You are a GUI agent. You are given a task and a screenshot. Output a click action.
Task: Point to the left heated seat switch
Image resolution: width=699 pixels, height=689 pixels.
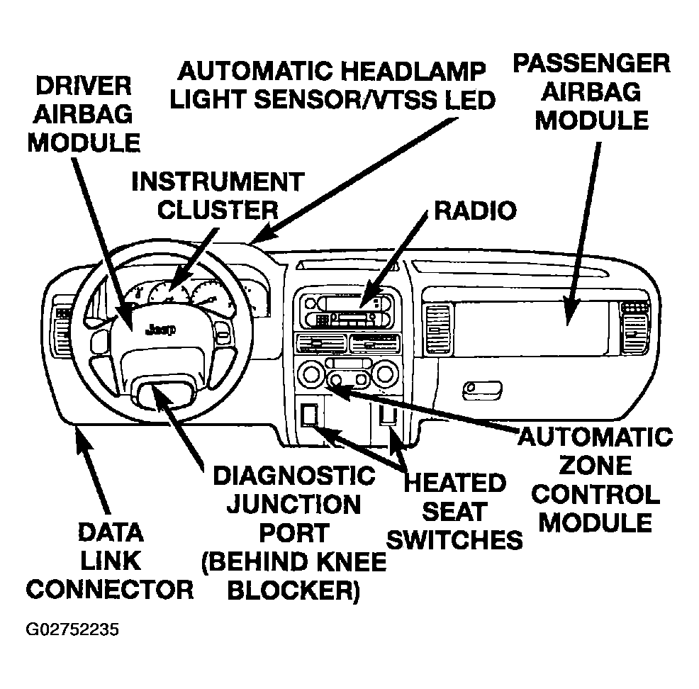click(310, 414)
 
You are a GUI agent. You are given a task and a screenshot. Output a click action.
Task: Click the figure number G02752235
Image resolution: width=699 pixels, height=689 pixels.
click(72, 629)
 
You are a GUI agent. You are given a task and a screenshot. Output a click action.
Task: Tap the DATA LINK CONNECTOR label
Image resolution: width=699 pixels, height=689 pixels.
click(110, 560)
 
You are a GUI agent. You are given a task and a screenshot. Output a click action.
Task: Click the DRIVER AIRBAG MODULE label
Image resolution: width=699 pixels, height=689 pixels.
click(83, 114)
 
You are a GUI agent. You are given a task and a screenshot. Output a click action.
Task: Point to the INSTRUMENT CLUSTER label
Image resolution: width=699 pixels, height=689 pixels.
click(218, 195)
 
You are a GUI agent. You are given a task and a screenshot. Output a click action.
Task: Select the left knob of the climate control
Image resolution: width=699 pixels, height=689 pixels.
click(310, 374)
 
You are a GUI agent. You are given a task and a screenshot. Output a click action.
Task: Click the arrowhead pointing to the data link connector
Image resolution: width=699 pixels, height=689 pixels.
click(82, 444)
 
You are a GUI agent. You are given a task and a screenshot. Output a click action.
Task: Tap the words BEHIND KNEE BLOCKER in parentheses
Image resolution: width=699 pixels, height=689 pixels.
click(293, 576)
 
